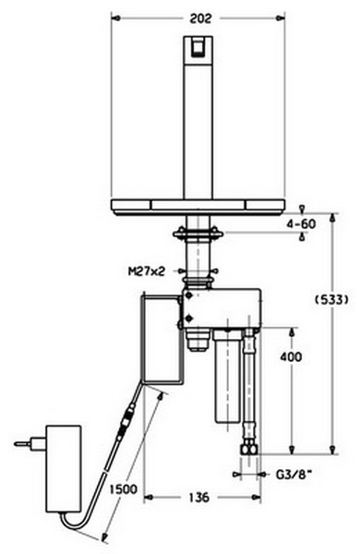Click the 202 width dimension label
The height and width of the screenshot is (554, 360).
(x=200, y=18)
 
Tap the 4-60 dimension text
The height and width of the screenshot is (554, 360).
(x=301, y=224)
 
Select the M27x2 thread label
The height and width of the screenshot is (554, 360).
(x=147, y=271)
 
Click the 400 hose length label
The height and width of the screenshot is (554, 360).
(x=291, y=356)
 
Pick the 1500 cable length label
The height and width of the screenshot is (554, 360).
(x=124, y=489)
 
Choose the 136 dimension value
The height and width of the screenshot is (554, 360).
(x=199, y=498)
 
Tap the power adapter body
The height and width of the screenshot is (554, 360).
(x=64, y=468)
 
